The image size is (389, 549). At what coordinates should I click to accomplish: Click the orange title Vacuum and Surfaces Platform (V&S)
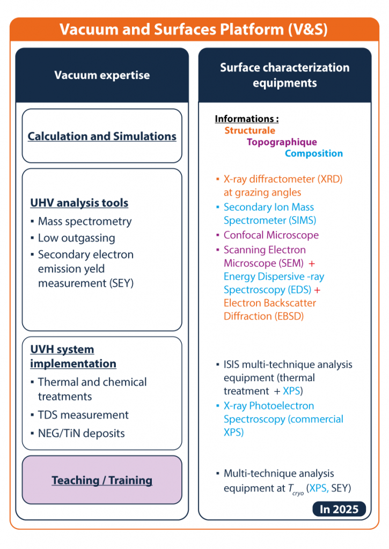pyautogui.click(x=194, y=29)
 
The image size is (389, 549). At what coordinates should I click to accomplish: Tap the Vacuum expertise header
pyautogui.click(x=102, y=75)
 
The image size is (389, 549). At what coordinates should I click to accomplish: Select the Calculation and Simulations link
pyautogui.click(x=102, y=136)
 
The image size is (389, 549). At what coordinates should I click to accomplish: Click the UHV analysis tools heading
pyautogui.click(x=79, y=203)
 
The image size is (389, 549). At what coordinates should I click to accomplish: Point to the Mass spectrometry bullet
pyautogui.click(x=85, y=221)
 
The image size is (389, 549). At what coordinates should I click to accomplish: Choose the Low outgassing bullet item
pyautogui.click(x=76, y=238)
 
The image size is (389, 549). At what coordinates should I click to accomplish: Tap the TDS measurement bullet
pyautogui.click(x=83, y=415)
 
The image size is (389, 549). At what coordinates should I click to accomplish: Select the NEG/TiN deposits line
pyautogui.click(x=82, y=433)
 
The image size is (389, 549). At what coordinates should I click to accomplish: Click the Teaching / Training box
pyautogui.click(x=102, y=480)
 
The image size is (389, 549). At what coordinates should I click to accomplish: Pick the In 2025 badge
pyautogui.click(x=339, y=509)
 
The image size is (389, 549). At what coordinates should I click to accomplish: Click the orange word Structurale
pyautogui.click(x=250, y=130)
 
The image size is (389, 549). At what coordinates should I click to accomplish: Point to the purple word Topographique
pyautogui.click(x=282, y=142)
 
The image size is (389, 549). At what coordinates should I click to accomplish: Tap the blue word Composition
pyautogui.click(x=314, y=153)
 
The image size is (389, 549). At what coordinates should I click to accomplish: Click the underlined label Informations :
pyautogui.click(x=247, y=119)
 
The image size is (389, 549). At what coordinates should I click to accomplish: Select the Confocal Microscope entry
pyautogui.click(x=271, y=235)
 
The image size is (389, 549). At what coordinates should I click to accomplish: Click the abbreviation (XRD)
pyautogui.click(x=330, y=179)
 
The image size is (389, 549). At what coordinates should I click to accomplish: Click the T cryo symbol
pyautogui.click(x=296, y=489)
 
